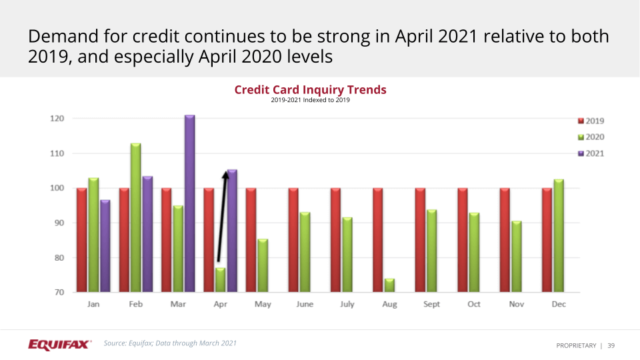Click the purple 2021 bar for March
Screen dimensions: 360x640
(189, 203)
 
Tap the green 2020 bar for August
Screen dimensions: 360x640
(389, 285)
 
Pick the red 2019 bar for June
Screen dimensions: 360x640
(293, 240)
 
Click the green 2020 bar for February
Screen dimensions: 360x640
(135, 217)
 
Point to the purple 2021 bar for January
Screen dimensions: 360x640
(105, 245)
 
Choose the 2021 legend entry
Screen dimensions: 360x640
(591, 153)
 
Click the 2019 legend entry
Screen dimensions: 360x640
(591, 121)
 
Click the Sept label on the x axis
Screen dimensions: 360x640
(432, 304)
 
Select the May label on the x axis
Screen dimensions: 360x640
(262, 304)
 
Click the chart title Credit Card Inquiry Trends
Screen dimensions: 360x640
(310, 89)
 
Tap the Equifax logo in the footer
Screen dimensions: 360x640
(59, 344)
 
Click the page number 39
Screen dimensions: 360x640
(611, 345)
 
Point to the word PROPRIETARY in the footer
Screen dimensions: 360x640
(576, 345)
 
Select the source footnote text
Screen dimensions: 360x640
(170, 343)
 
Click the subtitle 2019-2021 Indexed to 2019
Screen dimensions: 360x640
(310, 101)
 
